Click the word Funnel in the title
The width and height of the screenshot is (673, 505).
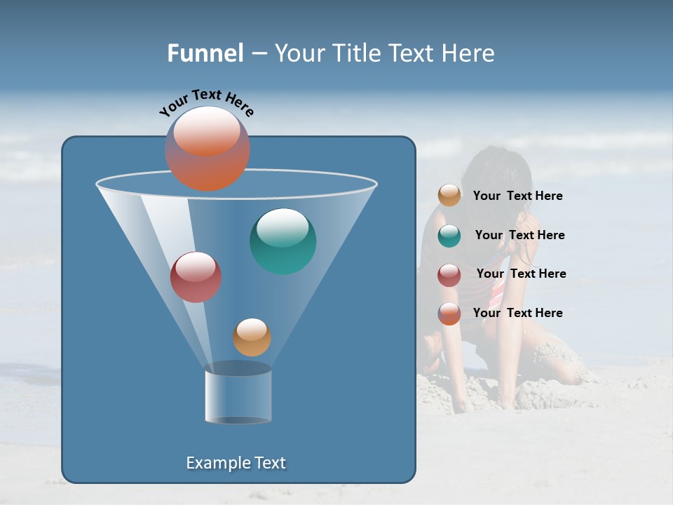click(205, 53)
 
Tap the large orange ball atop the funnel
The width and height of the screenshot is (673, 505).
click(208, 148)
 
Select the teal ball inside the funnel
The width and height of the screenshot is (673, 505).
click(283, 241)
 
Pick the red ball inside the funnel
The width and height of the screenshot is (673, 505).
click(196, 277)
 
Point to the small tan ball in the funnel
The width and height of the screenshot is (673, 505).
click(252, 337)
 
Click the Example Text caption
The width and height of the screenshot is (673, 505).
click(236, 463)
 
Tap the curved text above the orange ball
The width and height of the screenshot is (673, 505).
click(206, 102)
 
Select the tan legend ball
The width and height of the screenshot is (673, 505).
click(449, 196)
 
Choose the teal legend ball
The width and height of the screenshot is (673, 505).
click(449, 236)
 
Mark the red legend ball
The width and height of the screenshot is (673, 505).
click(449, 275)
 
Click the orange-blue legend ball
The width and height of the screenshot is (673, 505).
click(449, 314)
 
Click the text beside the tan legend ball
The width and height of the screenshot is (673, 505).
click(517, 196)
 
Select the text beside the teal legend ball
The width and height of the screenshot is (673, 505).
click(519, 236)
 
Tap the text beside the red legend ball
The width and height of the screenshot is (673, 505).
click(521, 274)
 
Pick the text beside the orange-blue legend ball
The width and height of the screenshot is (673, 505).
click(517, 314)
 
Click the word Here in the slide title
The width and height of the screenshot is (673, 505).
click(470, 53)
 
